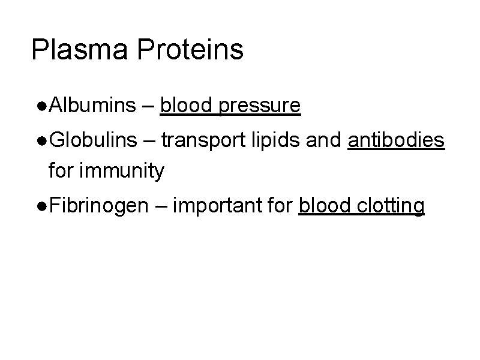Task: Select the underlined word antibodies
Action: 396,140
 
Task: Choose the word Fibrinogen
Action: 98,206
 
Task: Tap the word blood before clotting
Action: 324,206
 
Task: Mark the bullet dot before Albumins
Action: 40,107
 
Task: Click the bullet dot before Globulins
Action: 40,141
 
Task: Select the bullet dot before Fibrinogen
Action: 40,206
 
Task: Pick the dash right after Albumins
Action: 148,107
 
